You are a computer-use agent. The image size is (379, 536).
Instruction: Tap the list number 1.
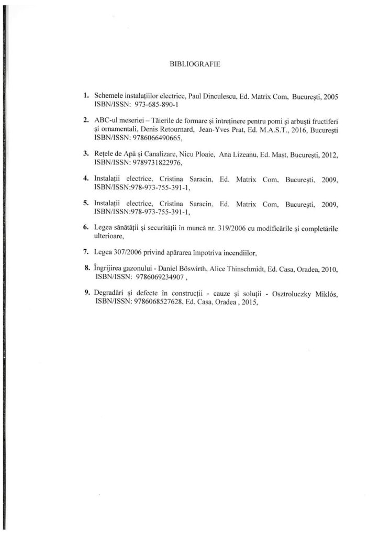click(x=85, y=97)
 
